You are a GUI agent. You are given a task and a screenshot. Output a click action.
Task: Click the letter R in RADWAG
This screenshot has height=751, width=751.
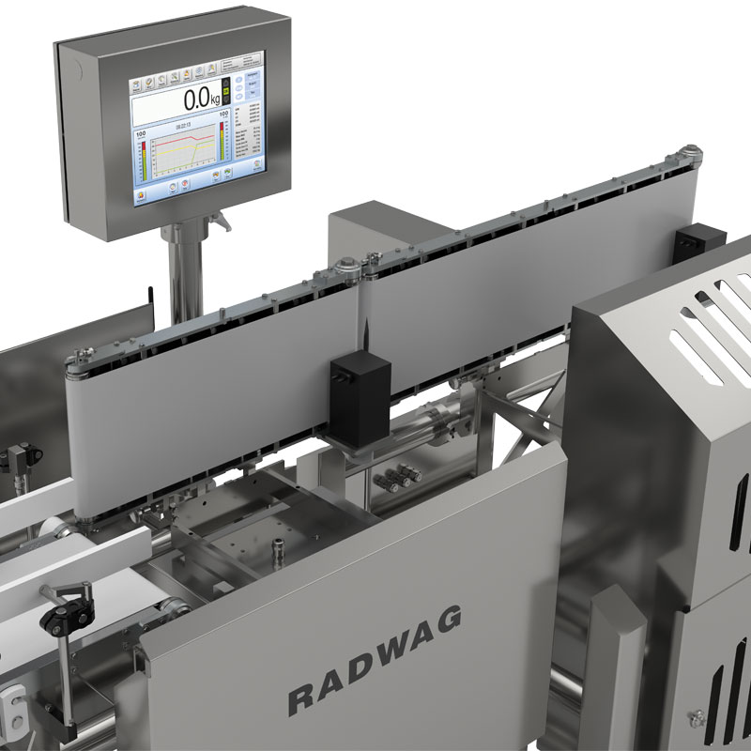coord(299,699)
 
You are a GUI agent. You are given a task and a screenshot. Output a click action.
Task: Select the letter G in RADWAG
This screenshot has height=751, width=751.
coord(450,619)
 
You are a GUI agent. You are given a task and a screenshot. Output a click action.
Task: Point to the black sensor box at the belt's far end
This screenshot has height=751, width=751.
coord(697,243)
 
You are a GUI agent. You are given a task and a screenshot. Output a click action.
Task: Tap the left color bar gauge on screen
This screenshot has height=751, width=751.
coord(141,156)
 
